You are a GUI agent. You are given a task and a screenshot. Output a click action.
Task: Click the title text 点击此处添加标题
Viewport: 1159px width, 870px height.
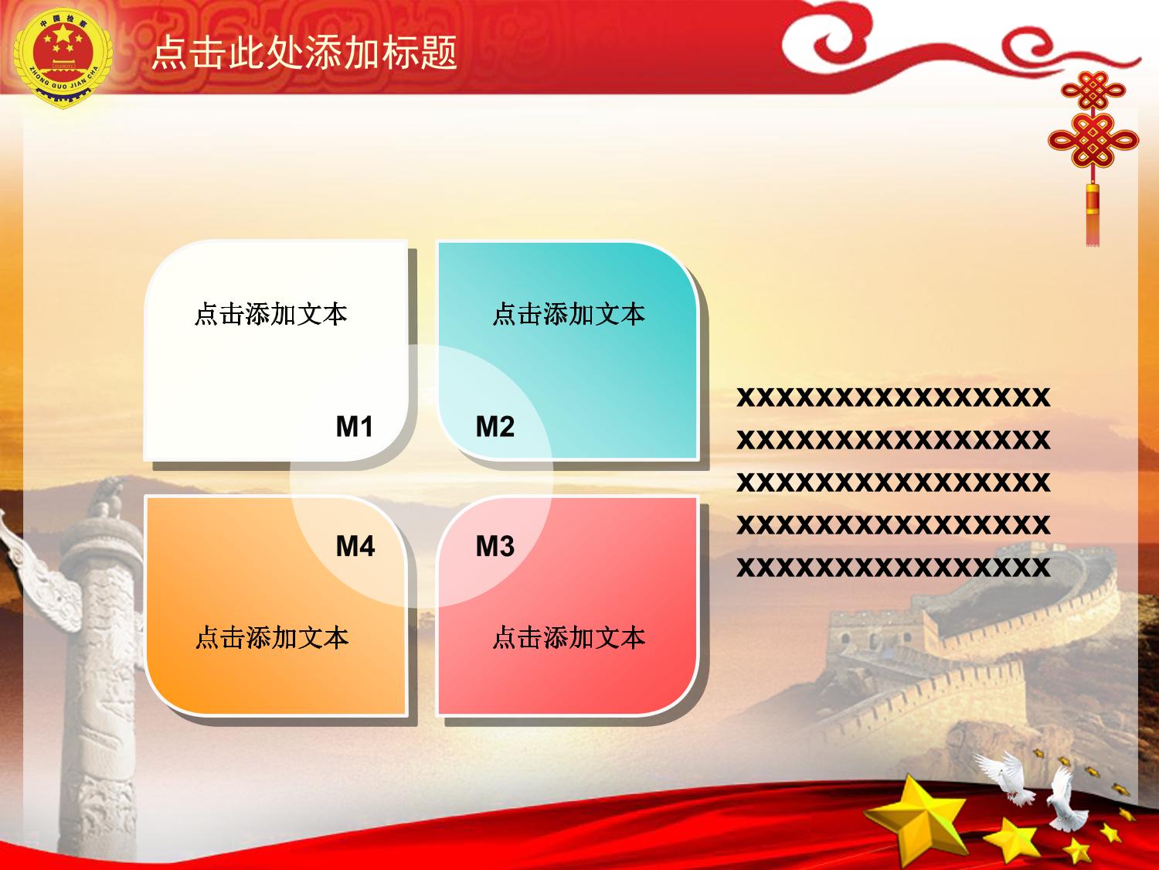click(x=304, y=53)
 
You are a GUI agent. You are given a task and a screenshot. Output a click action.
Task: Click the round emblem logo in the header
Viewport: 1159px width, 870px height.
click(x=63, y=58)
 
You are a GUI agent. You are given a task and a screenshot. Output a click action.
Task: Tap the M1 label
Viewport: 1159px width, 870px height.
click(x=355, y=426)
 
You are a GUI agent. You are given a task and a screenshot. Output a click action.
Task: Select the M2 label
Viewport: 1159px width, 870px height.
click(x=495, y=426)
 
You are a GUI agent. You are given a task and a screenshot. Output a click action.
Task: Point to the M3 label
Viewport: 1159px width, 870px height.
click(x=495, y=546)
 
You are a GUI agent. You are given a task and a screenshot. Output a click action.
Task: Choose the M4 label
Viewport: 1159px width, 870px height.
click(x=355, y=546)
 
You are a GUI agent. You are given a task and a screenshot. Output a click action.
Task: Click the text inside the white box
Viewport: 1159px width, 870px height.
click(x=271, y=314)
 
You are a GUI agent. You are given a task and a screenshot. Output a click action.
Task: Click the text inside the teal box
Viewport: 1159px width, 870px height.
click(x=569, y=314)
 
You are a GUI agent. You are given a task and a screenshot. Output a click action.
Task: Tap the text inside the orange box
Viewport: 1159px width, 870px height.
click(x=272, y=637)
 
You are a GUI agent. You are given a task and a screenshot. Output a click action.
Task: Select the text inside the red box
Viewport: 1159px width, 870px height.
click(x=569, y=637)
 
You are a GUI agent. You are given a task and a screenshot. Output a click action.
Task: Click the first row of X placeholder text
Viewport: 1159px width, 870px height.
click(x=893, y=397)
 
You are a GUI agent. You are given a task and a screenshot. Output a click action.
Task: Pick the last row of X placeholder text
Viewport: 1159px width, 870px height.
click(x=893, y=567)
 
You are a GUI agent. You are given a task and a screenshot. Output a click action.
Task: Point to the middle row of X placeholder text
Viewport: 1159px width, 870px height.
click(x=893, y=482)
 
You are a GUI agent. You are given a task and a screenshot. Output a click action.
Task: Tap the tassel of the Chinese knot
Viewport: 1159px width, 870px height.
click(x=1093, y=214)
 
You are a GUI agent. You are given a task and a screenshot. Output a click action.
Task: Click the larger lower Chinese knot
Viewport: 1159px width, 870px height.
click(x=1093, y=140)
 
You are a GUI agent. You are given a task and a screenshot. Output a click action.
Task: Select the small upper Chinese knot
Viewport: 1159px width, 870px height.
click(x=1093, y=90)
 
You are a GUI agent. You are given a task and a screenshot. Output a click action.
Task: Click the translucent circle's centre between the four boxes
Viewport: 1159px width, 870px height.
click(x=421, y=476)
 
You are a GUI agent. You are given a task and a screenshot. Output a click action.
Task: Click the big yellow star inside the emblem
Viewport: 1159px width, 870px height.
click(x=63, y=35)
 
